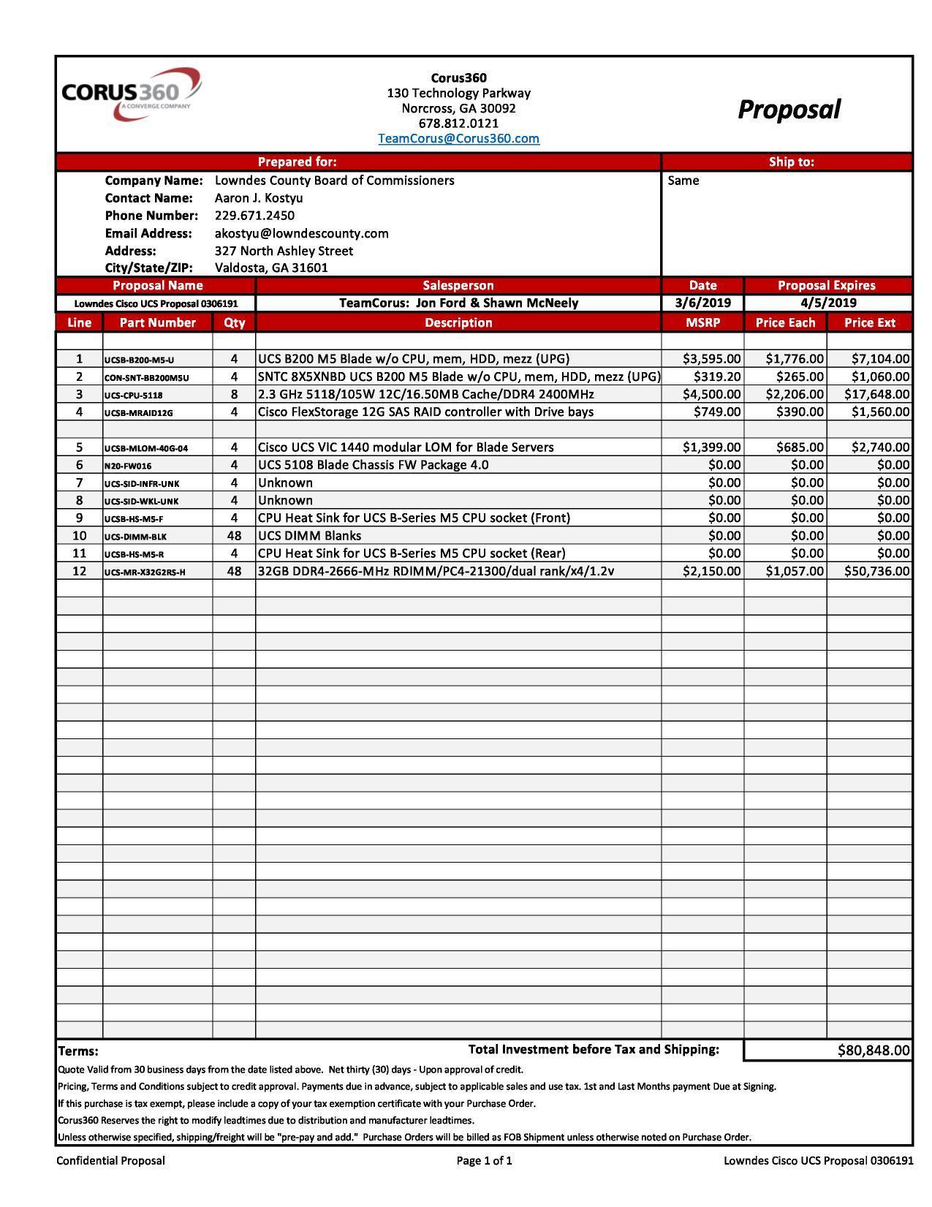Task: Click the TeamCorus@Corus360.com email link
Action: click(x=458, y=138)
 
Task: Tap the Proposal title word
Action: click(x=789, y=110)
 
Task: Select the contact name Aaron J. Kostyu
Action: click(x=259, y=198)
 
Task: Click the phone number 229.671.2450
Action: click(x=254, y=216)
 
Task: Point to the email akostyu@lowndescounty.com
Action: click(x=301, y=233)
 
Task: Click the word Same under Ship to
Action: click(x=683, y=181)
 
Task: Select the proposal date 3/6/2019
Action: click(x=702, y=303)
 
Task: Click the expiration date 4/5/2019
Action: click(x=828, y=303)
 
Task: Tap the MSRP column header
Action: click(x=702, y=322)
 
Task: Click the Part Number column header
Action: click(x=157, y=322)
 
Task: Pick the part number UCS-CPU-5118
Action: click(x=134, y=395)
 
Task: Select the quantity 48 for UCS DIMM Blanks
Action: click(x=234, y=536)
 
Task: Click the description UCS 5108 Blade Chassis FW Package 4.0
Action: click(x=373, y=465)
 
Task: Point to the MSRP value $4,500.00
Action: click(x=711, y=394)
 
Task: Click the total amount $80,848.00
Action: click(x=874, y=1051)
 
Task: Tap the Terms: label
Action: click(x=77, y=1051)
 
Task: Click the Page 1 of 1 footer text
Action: click(x=484, y=1160)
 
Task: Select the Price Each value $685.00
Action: click(x=800, y=447)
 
